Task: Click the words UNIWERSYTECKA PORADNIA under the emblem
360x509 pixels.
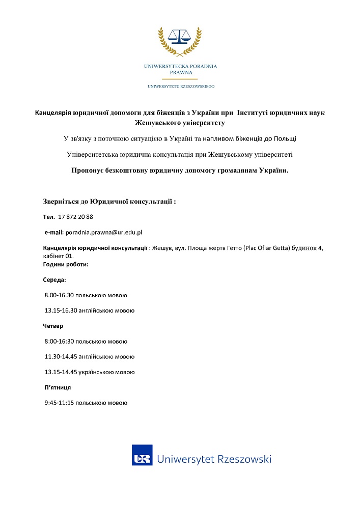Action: point(180,66)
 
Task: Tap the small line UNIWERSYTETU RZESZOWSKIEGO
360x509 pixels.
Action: point(180,87)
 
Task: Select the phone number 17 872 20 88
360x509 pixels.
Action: point(75,217)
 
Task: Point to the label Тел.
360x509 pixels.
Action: point(49,217)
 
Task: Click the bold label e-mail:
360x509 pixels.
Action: point(54,232)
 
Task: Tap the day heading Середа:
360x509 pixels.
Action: point(54,280)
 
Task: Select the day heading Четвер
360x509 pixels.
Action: point(53,326)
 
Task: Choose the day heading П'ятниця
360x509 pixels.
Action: point(58,387)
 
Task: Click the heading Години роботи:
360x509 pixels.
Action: point(66,264)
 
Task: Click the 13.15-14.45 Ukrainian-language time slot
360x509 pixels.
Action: point(89,372)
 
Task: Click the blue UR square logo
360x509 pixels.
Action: point(142,456)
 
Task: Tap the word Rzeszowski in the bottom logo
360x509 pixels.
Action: point(244,459)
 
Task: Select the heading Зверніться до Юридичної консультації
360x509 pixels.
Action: point(109,202)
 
